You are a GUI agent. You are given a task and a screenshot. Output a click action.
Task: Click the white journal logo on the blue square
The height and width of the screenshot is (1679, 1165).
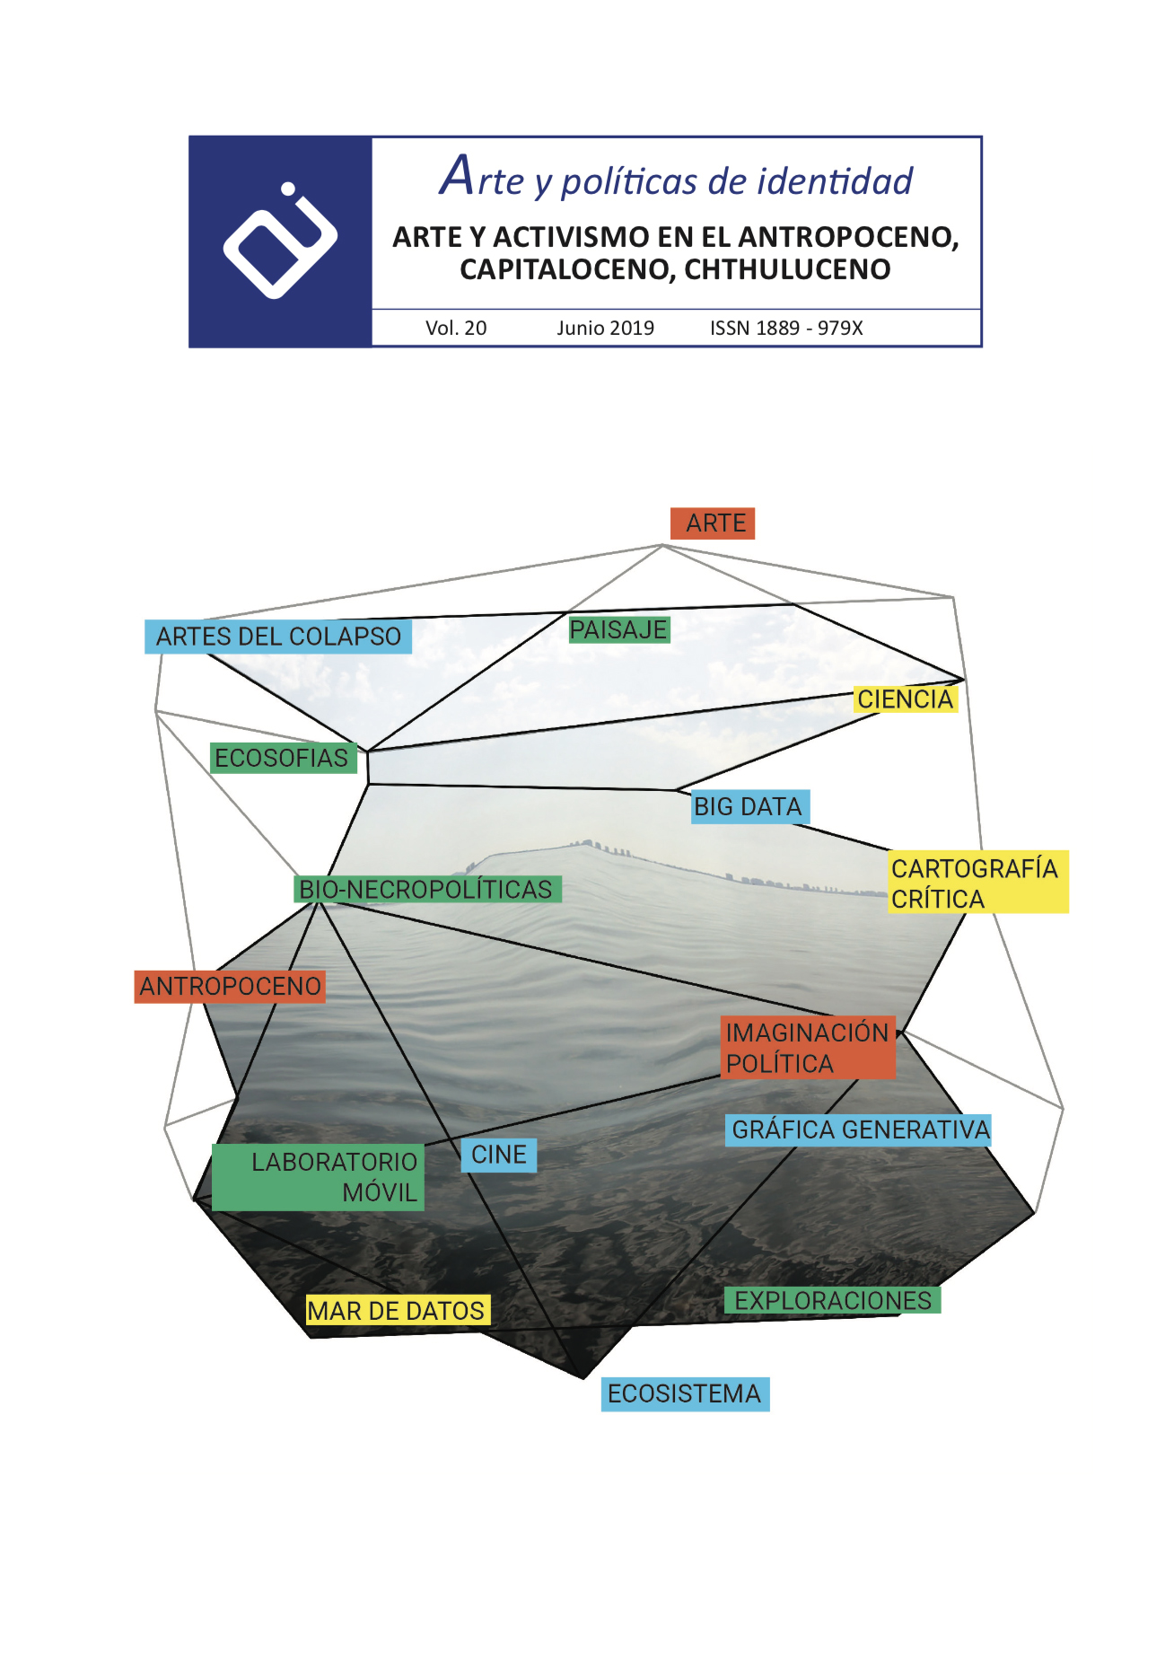(x=280, y=241)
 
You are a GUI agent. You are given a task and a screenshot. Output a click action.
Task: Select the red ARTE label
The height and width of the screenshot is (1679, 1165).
(x=713, y=523)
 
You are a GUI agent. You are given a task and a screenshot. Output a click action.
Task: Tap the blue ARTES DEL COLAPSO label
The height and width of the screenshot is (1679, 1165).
(x=278, y=637)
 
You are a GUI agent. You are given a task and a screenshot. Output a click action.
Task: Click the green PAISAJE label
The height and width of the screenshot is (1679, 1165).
(x=618, y=629)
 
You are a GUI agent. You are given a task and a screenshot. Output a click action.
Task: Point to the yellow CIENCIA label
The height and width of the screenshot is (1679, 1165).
(x=905, y=699)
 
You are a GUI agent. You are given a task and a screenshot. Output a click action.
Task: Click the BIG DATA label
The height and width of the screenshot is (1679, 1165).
(x=749, y=806)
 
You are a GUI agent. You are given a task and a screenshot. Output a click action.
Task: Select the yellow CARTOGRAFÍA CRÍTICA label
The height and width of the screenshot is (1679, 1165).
(x=977, y=883)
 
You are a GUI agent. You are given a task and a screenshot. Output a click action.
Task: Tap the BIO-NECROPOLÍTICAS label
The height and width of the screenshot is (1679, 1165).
(x=427, y=889)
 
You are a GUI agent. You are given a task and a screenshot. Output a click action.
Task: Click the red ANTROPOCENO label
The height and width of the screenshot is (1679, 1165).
(x=230, y=986)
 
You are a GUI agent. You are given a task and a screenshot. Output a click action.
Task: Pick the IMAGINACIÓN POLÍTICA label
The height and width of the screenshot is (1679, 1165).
(x=807, y=1048)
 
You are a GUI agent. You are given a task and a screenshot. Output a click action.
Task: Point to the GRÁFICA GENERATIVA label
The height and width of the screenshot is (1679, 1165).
(x=859, y=1130)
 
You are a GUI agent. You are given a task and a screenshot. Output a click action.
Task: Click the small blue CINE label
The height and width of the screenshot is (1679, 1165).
(x=499, y=1155)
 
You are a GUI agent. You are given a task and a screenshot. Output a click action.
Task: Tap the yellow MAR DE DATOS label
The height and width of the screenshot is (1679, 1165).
(x=397, y=1311)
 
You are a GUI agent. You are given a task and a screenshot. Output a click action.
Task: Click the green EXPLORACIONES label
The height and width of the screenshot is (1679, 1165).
(x=832, y=1300)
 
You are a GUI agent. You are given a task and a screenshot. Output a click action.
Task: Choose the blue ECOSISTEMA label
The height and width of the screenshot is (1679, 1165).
(x=685, y=1393)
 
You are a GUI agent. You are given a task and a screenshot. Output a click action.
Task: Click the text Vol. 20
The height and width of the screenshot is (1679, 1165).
(x=456, y=328)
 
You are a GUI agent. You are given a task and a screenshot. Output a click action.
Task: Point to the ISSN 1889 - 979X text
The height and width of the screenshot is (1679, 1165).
(x=786, y=328)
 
